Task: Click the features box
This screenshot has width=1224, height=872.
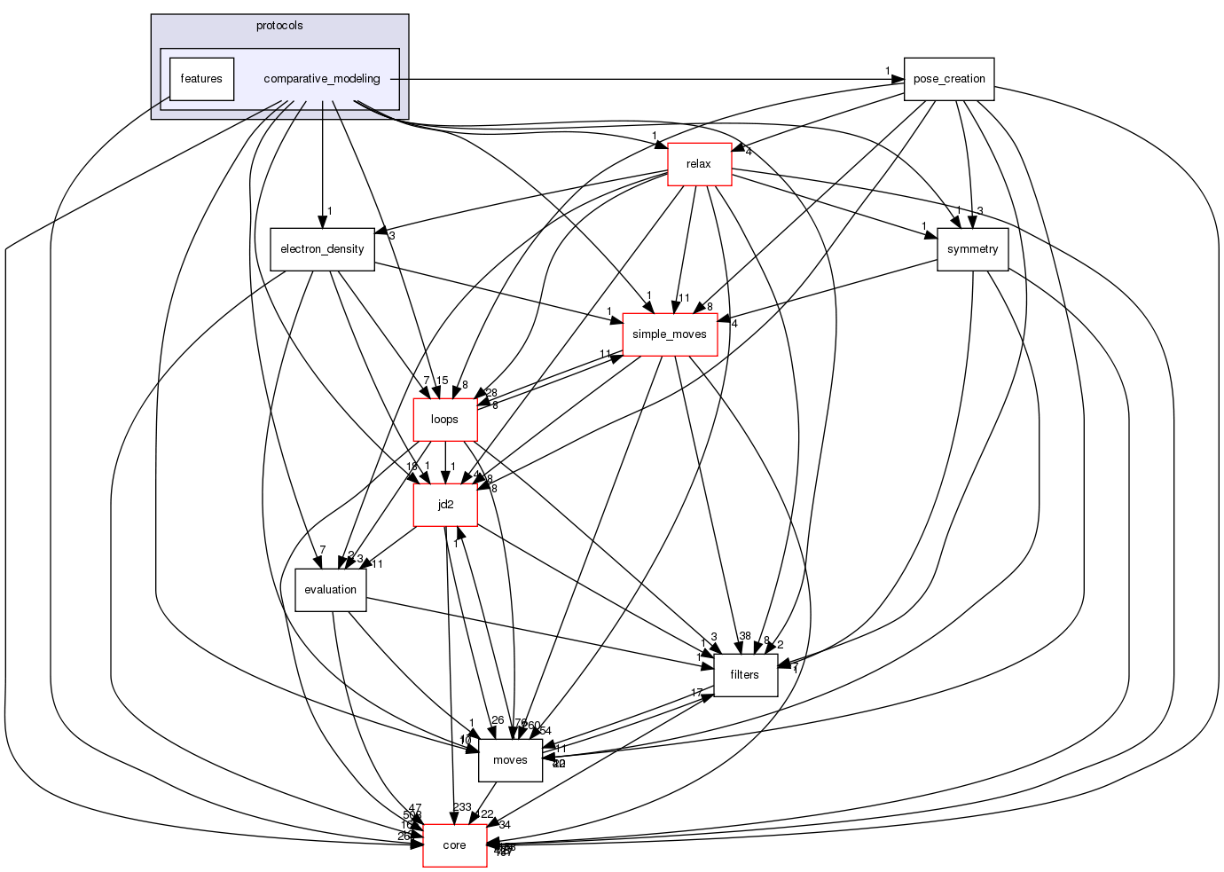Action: click(201, 79)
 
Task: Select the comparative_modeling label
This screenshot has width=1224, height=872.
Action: click(322, 79)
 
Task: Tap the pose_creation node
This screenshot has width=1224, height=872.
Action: click(949, 79)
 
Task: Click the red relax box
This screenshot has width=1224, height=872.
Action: click(699, 164)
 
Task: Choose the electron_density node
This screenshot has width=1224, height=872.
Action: click(322, 249)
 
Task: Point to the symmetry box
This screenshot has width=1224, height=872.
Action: click(972, 249)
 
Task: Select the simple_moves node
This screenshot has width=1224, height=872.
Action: click(669, 334)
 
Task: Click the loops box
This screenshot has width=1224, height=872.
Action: click(444, 420)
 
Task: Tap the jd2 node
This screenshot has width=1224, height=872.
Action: click(445, 505)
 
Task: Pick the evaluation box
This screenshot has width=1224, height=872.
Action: click(330, 590)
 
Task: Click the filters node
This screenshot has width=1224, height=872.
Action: click(744, 675)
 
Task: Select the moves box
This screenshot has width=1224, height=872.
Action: click(510, 760)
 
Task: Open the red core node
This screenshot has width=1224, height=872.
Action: click(454, 845)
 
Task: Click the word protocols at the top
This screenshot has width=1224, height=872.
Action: click(279, 26)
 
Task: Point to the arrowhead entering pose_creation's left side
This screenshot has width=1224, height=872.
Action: click(898, 79)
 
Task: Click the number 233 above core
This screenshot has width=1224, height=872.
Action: click(461, 807)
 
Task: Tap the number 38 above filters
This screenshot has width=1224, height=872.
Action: click(745, 636)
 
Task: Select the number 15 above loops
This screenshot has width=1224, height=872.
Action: click(442, 381)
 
